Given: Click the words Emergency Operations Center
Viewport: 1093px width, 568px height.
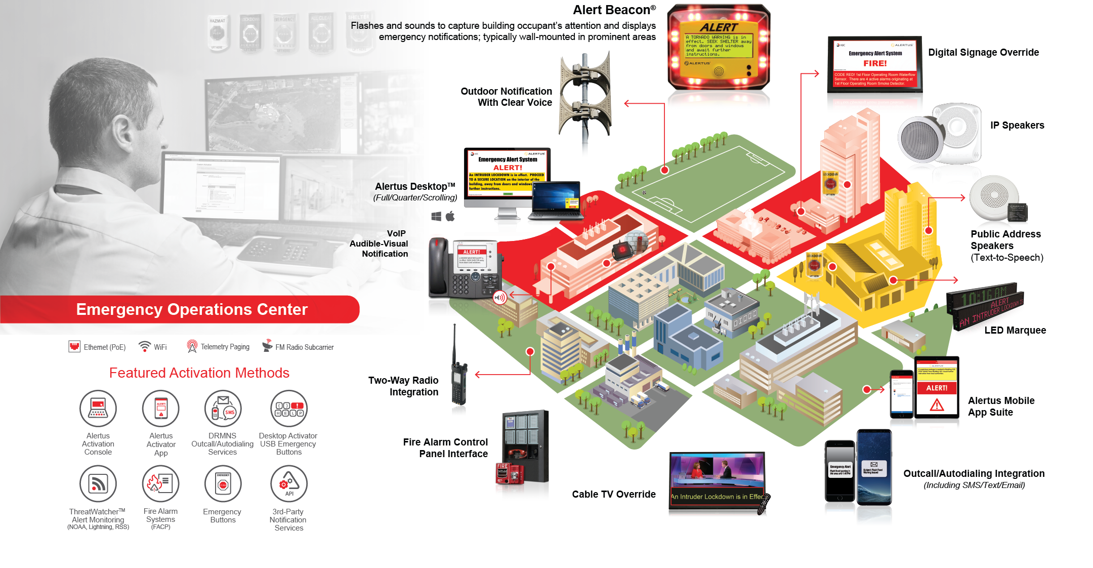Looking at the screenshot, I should pyautogui.click(x=192, y=309).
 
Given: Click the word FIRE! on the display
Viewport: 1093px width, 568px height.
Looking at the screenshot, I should pyautogui.click(x=875, y=63).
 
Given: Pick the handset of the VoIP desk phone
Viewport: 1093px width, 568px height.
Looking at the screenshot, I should pyautogui.click(x=438, y=266).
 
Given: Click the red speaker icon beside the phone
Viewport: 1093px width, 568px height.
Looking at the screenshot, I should pyautogui.click(x=500, y=297).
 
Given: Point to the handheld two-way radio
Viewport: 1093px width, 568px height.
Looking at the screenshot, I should pyautogui.click(x=458, y=385).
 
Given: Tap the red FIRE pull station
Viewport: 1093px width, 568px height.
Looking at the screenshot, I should pyautogui.click(x=503, y=473).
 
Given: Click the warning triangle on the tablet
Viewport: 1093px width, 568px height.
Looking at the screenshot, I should pyautogui.click(x=937, y=405).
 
